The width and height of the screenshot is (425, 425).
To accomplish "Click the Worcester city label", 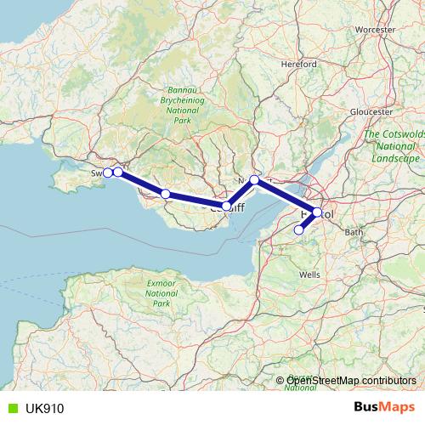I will [x=376, y=29].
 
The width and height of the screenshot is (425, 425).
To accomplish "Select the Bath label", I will [x=355, y=232].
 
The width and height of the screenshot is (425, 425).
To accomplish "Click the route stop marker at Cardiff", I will [x=226, y=206].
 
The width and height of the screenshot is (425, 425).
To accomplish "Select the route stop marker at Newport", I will [x=254, y=179].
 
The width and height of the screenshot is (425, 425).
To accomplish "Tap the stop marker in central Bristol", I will [x=317, y=212].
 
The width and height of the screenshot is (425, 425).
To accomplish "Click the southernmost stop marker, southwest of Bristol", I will [x=298, y=229].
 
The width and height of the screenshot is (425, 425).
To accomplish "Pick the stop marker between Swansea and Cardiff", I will [x=166, y=195].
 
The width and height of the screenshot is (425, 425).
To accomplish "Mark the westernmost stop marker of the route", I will [x=108, y=173].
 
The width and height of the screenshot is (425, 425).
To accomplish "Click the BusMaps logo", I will [x=383, y=407].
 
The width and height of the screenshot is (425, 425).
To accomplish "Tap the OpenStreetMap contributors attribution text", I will [x=351, y=381].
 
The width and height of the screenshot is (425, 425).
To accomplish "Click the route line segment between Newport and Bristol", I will [x=286, y=196].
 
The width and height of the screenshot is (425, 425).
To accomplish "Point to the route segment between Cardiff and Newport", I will [x=241, y=192].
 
